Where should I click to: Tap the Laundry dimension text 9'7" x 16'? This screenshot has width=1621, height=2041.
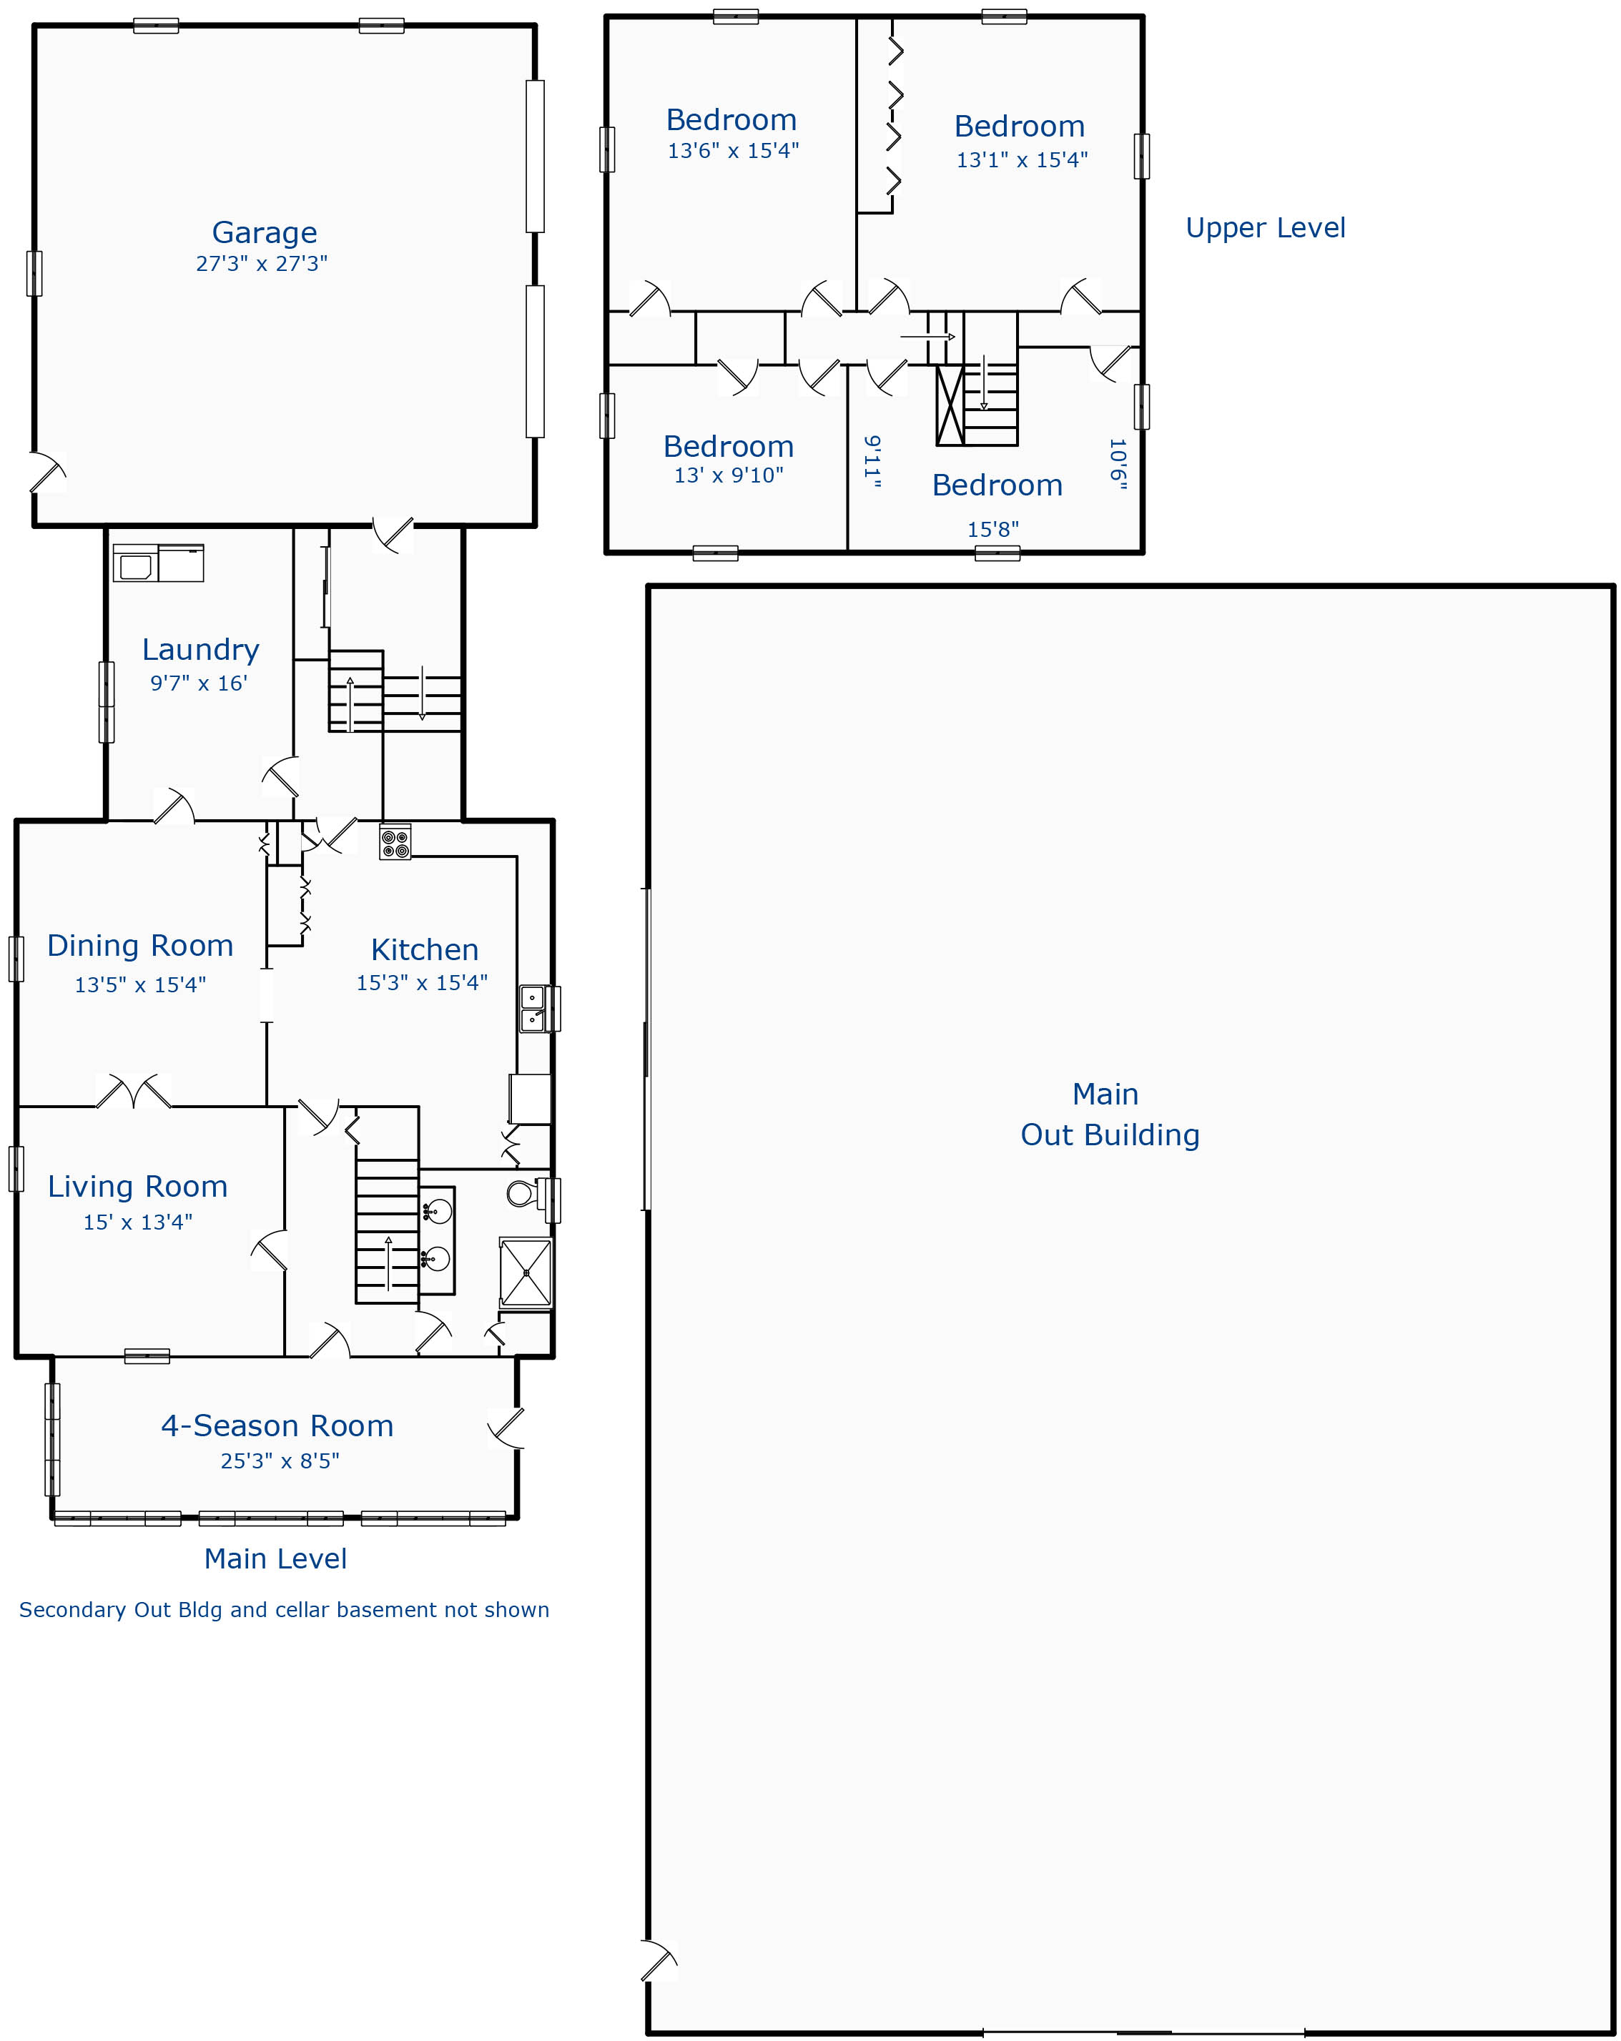pyautogui.click(x=199, y=683)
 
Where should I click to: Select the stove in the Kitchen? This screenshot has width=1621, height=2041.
pyautogui.click(x=395, y=843)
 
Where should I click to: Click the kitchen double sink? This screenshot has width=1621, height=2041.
pyautogui.click(x=533, y=1008)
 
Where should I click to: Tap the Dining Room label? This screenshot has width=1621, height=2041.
pyautogui.click(x=140, y=946)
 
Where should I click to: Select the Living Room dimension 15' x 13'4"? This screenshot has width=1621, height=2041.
pyautogui.click(x=138, y=1222)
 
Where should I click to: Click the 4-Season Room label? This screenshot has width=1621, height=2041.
pyautogui.click(x=277, y=1425)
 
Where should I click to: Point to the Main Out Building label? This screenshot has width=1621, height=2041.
pyautogui.click(x=1110, y=1115)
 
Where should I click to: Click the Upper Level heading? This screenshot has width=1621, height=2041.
pyautogui.click(x=1265, y=228)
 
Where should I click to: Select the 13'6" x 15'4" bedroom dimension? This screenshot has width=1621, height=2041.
pyautogui.click(x=733, y=151)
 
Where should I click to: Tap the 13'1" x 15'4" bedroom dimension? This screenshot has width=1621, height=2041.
pyautogui.click(x=1022, y=160)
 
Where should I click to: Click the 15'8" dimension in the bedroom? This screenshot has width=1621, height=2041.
pyautogui.click(x=992, y=529)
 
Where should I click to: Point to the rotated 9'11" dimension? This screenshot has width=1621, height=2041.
pyautogui.click(x=873, y=462)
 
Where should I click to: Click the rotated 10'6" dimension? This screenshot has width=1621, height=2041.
pyautogui.click(x=1118, y=464)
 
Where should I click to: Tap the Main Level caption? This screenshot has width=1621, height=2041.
pyautogui.click(x=275, y=1559)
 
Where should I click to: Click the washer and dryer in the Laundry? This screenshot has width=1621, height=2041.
pyautogui.click(x=158, y=563)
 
